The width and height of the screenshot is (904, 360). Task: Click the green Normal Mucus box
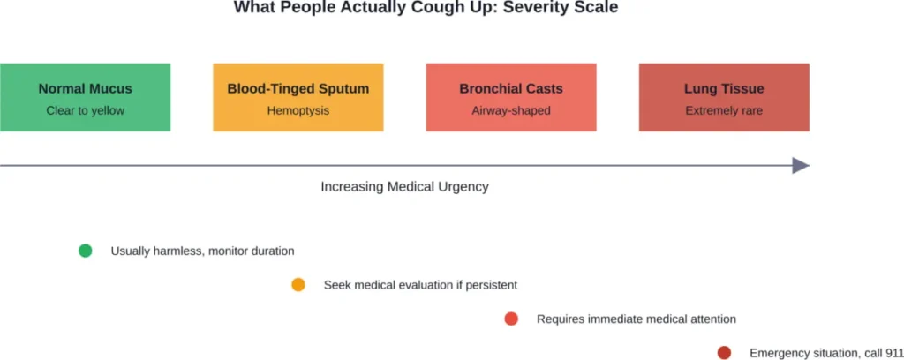(85, 97)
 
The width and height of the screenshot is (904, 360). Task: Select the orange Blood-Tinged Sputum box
(298, 97)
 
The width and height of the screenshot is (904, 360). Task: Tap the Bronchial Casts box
(510, 97)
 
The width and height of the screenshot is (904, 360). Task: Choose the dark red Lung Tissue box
(724, 97)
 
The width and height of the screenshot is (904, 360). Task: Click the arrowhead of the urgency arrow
(801, 165)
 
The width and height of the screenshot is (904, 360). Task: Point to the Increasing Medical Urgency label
(404, 187)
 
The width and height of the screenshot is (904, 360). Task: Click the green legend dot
(86, 251)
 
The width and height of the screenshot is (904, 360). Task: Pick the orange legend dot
(298, 285)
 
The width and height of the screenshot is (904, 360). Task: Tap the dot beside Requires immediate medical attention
(511, 319)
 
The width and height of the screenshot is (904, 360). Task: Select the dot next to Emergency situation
(724, 353)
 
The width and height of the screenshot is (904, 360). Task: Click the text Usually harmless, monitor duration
(202, 251)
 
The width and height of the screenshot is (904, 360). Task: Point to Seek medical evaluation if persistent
(420, 285)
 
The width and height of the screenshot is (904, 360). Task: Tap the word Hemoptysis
(298, 110)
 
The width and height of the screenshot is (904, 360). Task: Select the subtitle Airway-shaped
(510, 110)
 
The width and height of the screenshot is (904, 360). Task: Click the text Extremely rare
(724, 110)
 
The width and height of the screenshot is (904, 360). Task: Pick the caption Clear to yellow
(85, 110)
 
